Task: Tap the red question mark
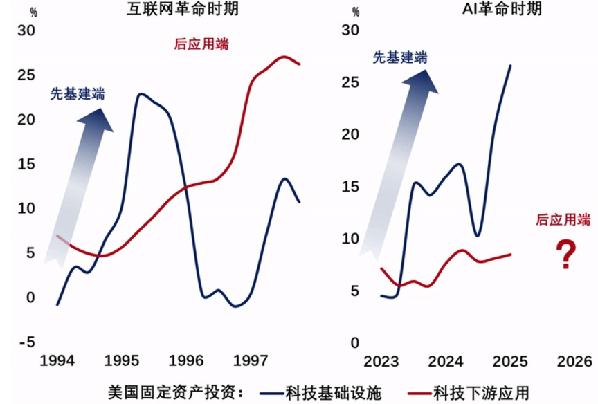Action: (567, 255)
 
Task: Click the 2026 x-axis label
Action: (574, 361)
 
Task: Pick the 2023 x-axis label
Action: (381, 361)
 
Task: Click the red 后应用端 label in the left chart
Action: (201, 44)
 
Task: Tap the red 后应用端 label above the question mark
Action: (564, 220)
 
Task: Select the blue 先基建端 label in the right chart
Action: (400, 57)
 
